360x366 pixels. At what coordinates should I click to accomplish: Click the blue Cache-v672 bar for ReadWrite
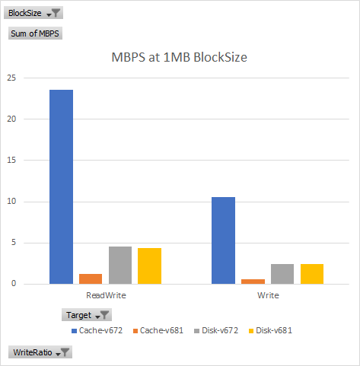61,186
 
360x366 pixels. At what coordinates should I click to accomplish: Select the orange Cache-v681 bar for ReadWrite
91,278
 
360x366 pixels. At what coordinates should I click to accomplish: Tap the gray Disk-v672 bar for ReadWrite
120,265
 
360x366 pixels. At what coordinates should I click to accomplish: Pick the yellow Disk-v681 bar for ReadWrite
149,266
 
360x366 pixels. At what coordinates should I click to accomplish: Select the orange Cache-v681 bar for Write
253,282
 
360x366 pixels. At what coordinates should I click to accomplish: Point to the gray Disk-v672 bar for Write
282,274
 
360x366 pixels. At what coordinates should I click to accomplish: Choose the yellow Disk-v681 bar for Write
311,274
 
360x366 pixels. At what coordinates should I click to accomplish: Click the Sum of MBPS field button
35,33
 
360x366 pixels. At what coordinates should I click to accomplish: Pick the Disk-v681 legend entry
273,330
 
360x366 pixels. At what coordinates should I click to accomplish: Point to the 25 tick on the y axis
11,78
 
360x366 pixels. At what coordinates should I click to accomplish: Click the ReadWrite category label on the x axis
106,294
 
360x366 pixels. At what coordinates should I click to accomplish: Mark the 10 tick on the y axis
11,202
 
